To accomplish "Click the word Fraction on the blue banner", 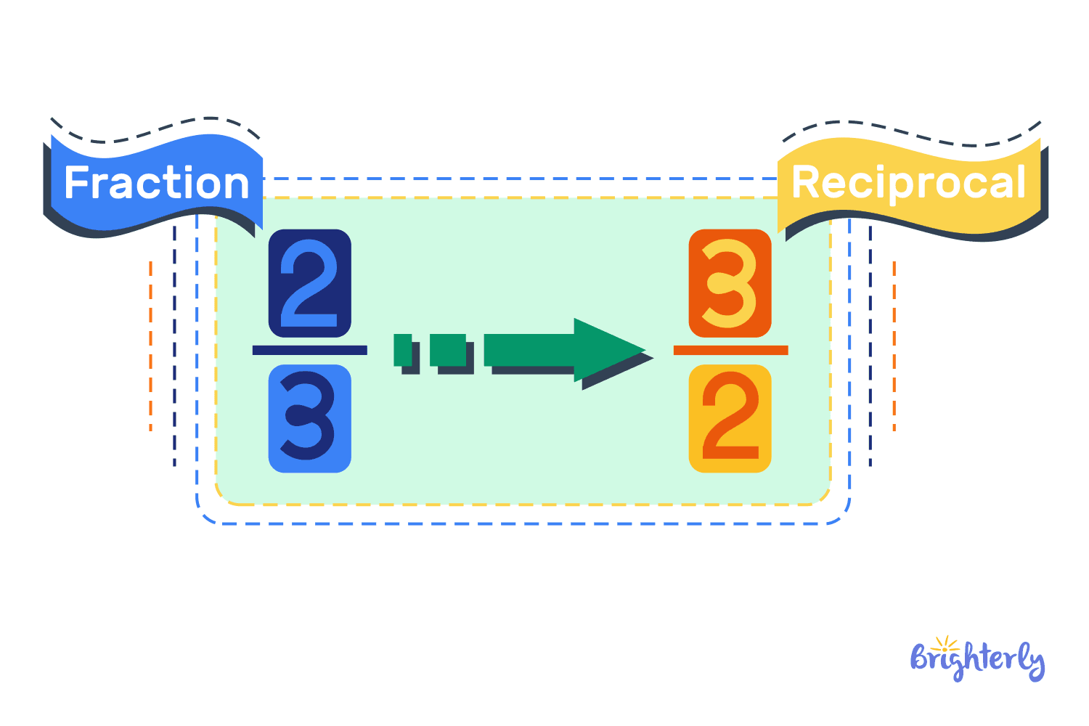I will click(x=156, y=183).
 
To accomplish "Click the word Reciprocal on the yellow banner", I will click(x=908, y=183).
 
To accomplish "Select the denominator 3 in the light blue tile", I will click(x=310, y=419).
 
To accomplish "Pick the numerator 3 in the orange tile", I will click(x=730, y=283).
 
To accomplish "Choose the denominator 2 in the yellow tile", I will click(x=730, y=419).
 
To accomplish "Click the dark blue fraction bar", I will click(x=310, y=350).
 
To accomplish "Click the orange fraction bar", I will click(x=730, y=350).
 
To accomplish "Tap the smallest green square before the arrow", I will click(x=402, y=350).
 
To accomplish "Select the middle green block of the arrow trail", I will click(x=448, y=350).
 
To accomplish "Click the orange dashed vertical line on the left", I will click(x=150, y=346).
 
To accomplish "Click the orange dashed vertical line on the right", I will click(x=894, y=346).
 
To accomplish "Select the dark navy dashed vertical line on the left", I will click(x=174, y=346).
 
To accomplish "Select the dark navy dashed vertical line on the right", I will click(x=870, y=346).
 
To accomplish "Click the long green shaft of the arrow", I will click(x=529, y=350).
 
